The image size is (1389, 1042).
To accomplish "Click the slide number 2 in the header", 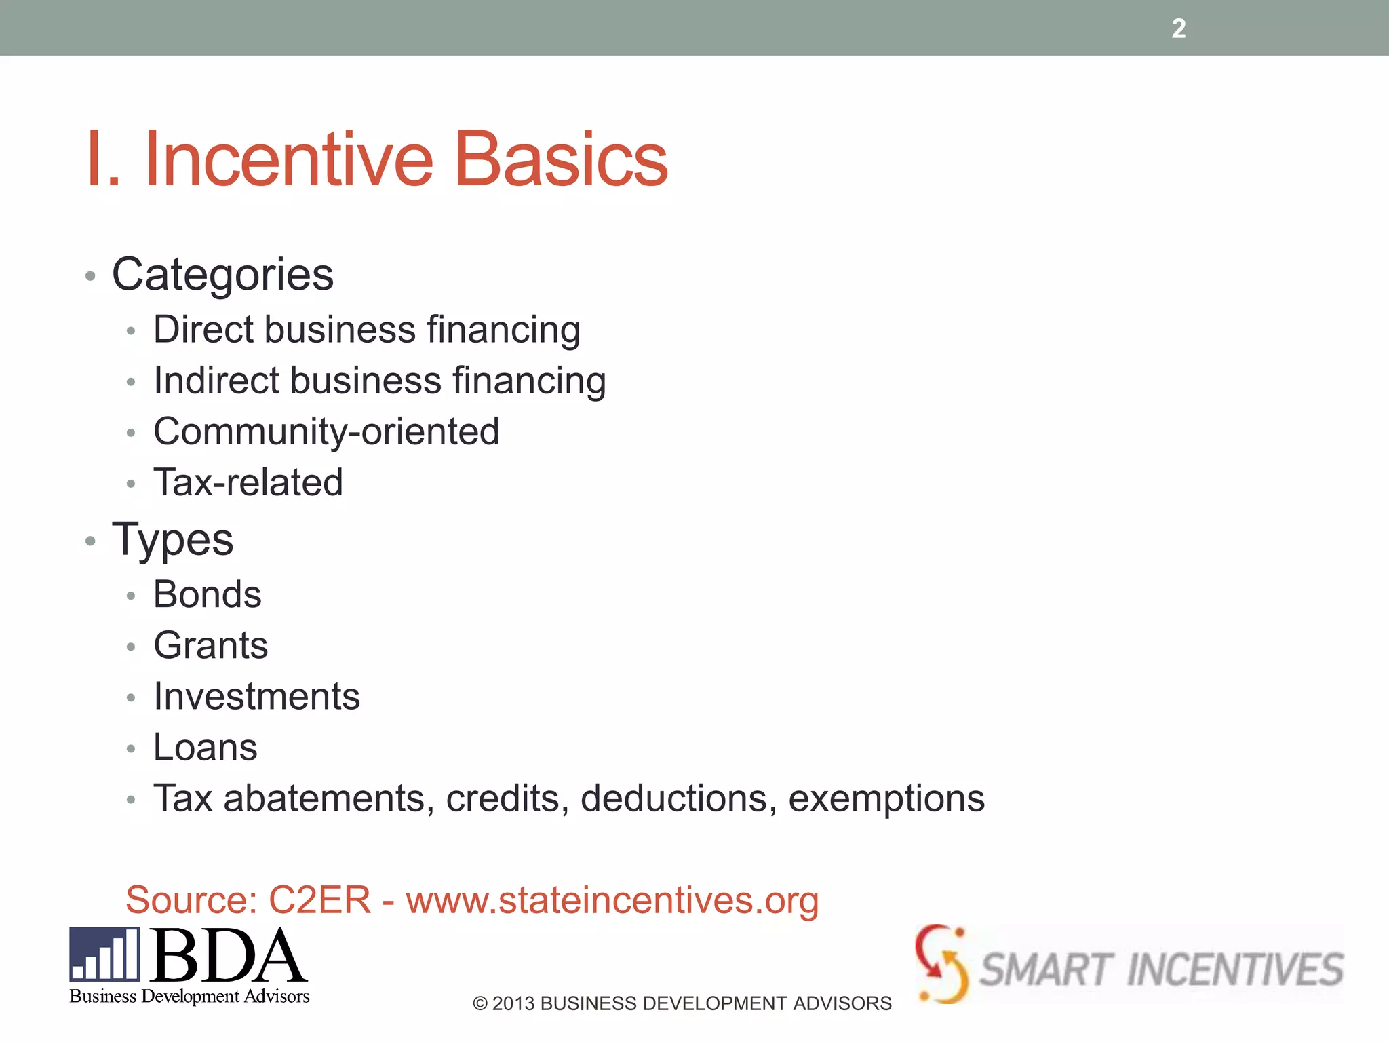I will [1178, 28].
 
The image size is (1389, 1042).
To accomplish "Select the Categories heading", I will [222, 275].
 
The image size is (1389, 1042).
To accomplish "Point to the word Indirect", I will [216, 381].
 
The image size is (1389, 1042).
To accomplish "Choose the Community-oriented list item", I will [326, 432].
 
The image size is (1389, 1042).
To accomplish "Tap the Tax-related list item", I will [248, 482].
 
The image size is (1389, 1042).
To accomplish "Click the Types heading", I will [172, 541].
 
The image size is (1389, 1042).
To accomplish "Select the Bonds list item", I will [207, 595].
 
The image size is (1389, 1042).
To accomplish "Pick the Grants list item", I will [210, 645].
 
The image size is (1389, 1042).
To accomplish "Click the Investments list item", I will [256, 697].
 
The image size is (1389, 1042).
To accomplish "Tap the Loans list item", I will [206, 748].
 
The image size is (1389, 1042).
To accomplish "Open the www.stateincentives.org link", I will [612, 900].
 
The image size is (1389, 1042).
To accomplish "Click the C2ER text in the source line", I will [319, 900].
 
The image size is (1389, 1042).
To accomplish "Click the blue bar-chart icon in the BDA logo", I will [104, 954].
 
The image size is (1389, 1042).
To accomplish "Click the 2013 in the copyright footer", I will [513, 1003].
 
